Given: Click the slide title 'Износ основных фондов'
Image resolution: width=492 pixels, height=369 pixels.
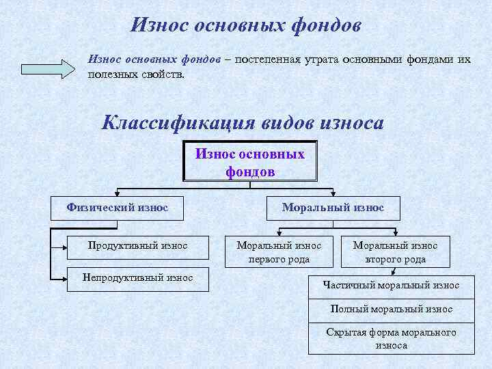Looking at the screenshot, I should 245,25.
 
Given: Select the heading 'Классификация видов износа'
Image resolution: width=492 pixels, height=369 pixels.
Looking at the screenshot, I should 243,123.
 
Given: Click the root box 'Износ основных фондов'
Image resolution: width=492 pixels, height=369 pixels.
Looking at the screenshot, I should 250,162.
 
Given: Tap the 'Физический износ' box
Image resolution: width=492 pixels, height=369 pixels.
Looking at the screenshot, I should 117,208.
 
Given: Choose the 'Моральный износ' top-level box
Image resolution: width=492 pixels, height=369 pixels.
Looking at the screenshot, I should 333,208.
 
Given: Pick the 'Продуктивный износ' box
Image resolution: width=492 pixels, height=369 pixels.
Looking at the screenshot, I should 138,245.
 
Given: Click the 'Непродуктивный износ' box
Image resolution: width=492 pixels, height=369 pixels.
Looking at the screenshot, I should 137,278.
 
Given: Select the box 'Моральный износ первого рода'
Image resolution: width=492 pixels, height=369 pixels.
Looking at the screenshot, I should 279,252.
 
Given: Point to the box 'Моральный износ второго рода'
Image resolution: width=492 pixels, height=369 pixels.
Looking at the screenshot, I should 396,252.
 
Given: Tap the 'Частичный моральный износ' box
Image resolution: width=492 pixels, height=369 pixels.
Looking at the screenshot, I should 391,286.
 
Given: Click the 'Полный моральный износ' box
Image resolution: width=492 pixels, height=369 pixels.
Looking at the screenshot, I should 391,310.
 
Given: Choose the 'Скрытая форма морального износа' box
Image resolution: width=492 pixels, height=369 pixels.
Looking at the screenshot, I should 391,338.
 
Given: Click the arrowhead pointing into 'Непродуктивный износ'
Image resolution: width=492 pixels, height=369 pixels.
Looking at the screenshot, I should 63,278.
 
